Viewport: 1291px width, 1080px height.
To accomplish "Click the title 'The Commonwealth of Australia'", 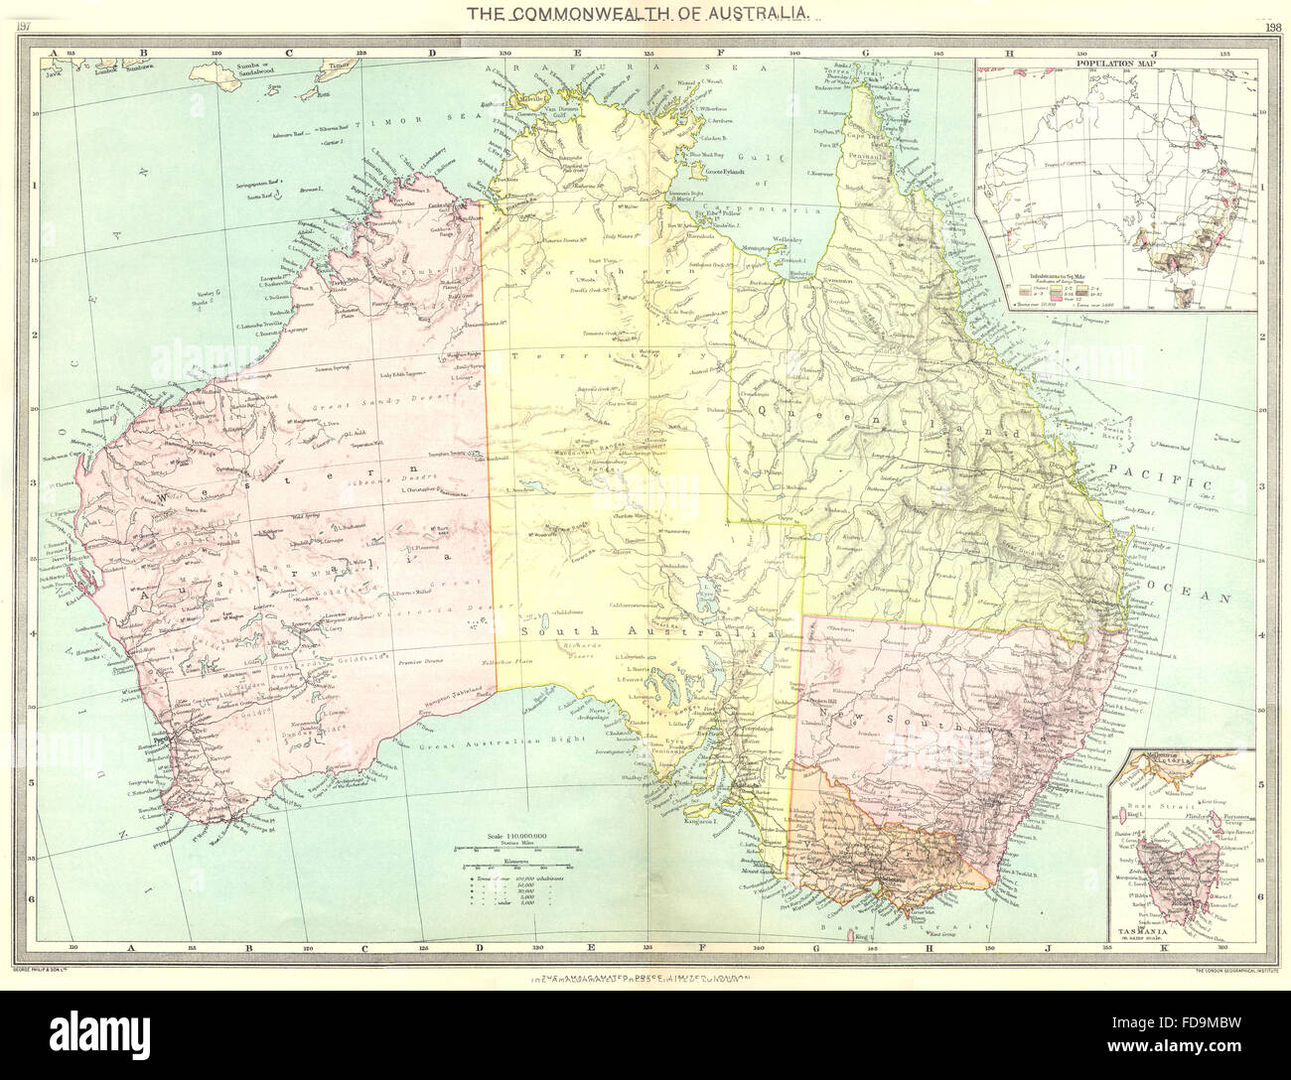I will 645,15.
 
